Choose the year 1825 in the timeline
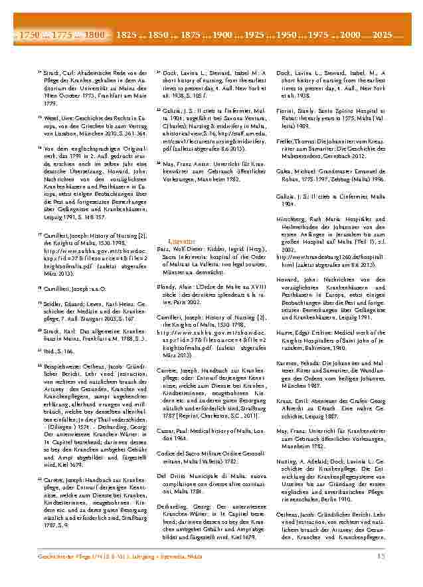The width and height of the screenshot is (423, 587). click(127, 33)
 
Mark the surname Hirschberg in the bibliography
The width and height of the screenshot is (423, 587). click(290, 218)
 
